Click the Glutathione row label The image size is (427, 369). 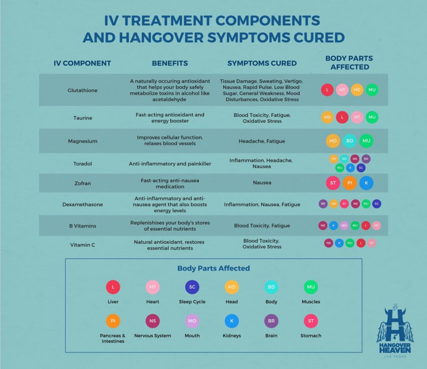(83, 90)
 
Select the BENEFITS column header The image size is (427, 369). (170, 63)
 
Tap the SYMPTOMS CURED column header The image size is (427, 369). (262, 63)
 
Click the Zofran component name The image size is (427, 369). (83, 183)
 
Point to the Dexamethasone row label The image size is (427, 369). (83, 204)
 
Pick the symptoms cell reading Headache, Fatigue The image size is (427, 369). (262, 141)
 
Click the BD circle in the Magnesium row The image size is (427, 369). (350, 141)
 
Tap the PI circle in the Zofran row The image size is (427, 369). (349, 183)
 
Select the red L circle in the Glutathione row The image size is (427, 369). (327, 90)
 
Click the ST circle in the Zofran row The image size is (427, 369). (333, 183)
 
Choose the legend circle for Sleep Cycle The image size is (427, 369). (192, 287)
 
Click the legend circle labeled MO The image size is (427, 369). (192, 321)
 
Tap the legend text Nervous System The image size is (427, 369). (153, 336)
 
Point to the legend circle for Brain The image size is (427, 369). (271, 321)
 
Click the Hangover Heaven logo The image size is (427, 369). (395, 331)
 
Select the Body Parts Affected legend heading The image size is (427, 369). (213, 268)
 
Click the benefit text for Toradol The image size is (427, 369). (170, 164)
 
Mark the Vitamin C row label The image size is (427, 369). (83, 245)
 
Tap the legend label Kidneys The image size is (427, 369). (232, 336)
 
